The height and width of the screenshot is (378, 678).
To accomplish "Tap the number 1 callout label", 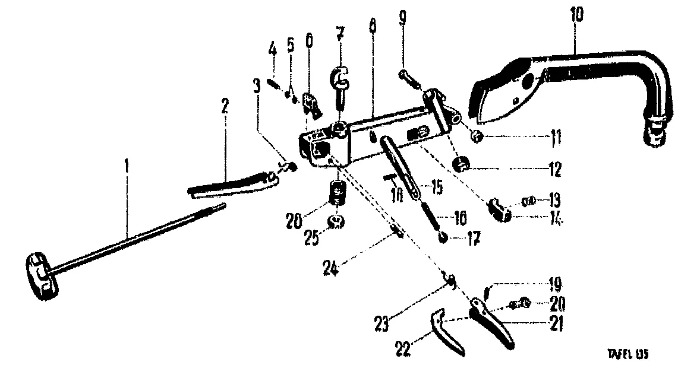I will pos(126,169).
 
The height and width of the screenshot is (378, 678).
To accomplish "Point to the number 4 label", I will pos(273,48).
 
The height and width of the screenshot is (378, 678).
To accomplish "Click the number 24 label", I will pos(331,269).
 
